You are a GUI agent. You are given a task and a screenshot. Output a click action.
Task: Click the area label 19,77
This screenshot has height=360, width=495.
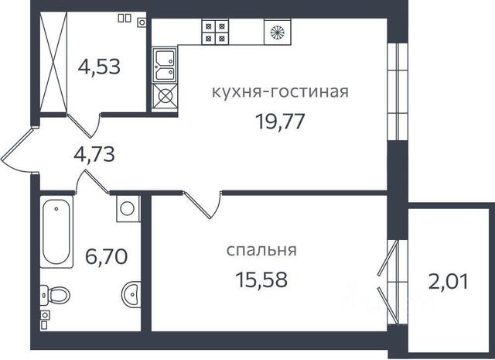pos(280,122)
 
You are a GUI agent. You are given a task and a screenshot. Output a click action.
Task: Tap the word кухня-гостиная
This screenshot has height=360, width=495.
pos(280,91)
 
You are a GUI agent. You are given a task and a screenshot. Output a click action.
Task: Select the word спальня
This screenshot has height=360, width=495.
pos(261,250)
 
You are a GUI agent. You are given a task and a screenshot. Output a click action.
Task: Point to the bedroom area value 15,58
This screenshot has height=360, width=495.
pos(261,279)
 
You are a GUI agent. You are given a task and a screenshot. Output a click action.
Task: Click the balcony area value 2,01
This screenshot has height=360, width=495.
pos(448,281)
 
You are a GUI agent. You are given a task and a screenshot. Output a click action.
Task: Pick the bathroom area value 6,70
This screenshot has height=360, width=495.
pos(107,256)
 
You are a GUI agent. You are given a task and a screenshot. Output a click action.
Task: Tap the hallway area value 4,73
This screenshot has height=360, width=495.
pos(94,154)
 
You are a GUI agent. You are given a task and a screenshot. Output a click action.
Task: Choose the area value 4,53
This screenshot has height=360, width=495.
pos(99,67)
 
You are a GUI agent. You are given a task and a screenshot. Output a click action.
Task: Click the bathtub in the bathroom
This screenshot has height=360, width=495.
pos(56,231)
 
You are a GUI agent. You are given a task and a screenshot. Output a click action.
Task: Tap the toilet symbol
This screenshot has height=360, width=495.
pos(55,295)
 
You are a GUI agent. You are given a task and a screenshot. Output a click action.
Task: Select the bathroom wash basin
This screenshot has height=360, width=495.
pos(131,294)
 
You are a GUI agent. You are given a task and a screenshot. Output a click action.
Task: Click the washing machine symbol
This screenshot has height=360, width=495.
pos(128,208)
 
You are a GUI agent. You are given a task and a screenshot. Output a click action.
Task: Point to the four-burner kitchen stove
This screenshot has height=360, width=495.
pos(215,32)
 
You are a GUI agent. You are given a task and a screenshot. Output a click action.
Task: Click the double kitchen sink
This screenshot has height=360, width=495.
pos(164,66)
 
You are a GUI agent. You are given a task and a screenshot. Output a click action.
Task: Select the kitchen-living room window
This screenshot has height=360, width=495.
pos(398,91)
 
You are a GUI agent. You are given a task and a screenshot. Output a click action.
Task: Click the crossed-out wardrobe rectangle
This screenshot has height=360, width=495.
pos(53,62)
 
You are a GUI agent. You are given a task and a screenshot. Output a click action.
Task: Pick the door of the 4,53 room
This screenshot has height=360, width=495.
pos(84,125)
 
